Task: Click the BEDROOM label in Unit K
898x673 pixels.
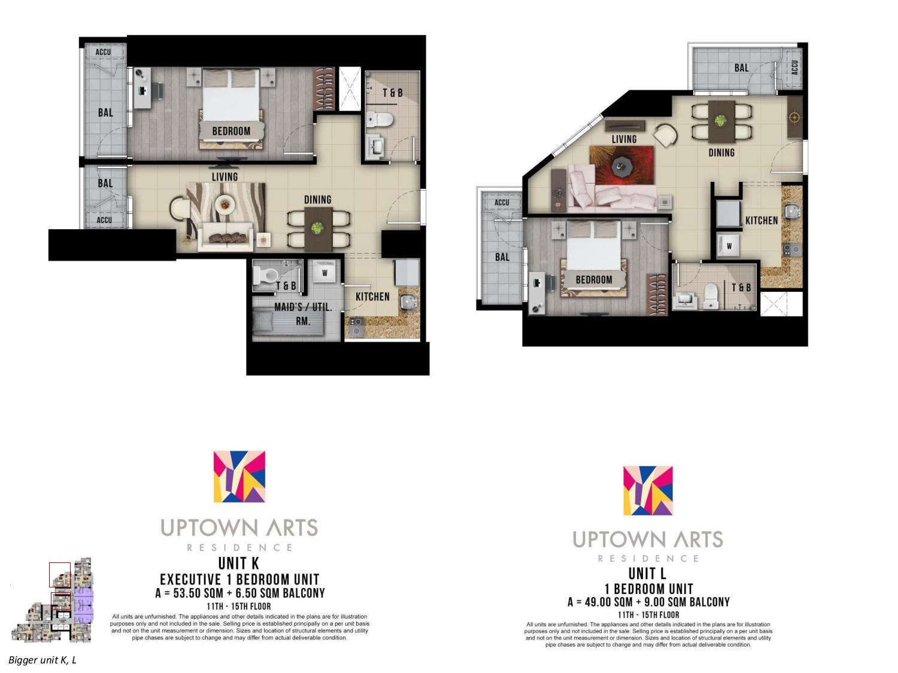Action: coord(231,131)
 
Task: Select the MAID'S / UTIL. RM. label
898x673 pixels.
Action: coord(303,313)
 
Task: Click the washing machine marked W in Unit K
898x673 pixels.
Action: coord(325,273)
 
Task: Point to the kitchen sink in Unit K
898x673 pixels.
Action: coord(407,302)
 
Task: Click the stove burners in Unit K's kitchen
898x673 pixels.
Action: coord(356,327)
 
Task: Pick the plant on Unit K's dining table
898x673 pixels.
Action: coord(317,229)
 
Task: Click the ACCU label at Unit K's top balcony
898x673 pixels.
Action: coord(103,52)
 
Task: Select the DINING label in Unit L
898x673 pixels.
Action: coord(721,153)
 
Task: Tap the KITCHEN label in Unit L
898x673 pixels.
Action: coord(762,221)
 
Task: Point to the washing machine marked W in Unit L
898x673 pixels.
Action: coord(729,246)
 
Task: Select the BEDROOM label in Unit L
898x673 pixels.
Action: coord(594,280)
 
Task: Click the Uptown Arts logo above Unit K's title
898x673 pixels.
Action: coord(239,476)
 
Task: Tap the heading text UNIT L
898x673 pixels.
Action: coord(647,574)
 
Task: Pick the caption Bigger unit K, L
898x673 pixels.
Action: coord(43,660)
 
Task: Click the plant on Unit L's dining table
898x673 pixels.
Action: coord(720,120)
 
